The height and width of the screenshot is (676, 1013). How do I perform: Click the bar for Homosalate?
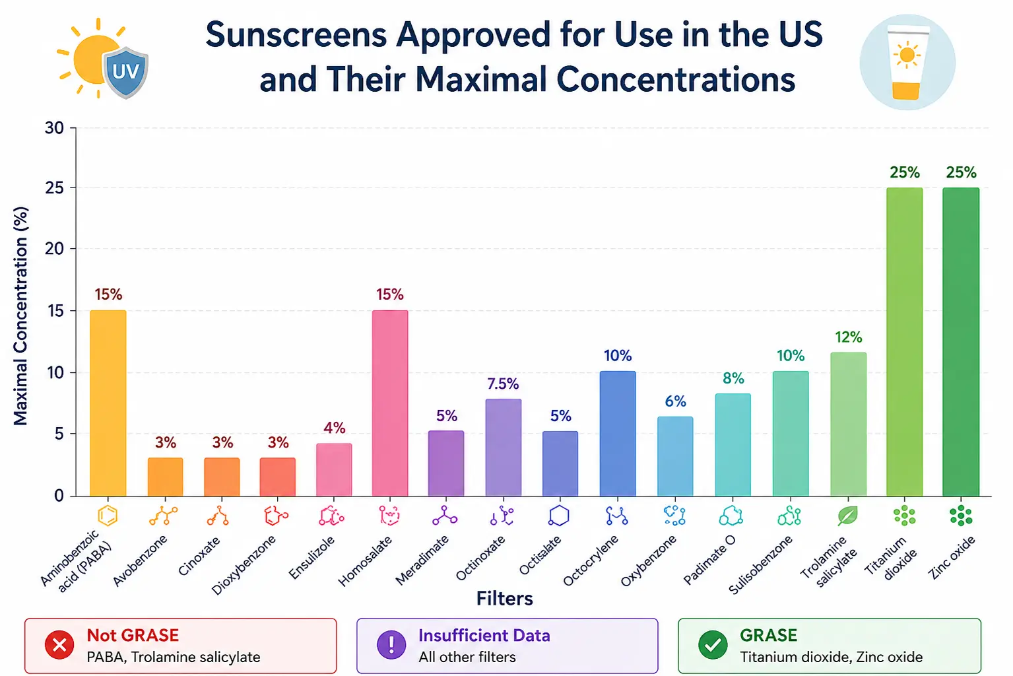pos(390,403)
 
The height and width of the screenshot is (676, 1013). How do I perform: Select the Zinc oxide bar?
pos(961,341)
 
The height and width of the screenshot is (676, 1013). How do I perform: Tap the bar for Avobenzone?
pos(166,477)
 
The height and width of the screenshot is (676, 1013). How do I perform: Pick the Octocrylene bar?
pos(618,434)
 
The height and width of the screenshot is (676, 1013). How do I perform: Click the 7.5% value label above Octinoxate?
pos(503,384)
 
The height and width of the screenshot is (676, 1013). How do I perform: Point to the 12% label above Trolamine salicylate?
pos(849,337)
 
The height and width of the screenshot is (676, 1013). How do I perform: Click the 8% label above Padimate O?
pos(733,378)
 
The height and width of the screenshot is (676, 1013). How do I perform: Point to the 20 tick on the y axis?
pos(54,248)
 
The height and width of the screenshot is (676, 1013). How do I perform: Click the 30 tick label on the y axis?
pos(54,128)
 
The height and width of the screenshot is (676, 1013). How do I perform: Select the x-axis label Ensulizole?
pos(312,557)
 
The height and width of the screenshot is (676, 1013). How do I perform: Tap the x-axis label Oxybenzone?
pos(649,560)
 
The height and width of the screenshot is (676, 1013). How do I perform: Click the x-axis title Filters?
pos(505,598)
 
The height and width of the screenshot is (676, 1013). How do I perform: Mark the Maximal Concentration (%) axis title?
pos(21,316)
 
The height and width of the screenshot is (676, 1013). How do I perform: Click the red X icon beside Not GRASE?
pos(59,645)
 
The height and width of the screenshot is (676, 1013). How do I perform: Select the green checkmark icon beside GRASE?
pos(713,645)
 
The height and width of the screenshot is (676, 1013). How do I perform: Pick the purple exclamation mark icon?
pos(391,645)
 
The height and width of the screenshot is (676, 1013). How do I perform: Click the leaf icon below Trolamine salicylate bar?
pos(847,516)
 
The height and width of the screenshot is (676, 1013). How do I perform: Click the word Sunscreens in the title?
pos(296,35)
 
